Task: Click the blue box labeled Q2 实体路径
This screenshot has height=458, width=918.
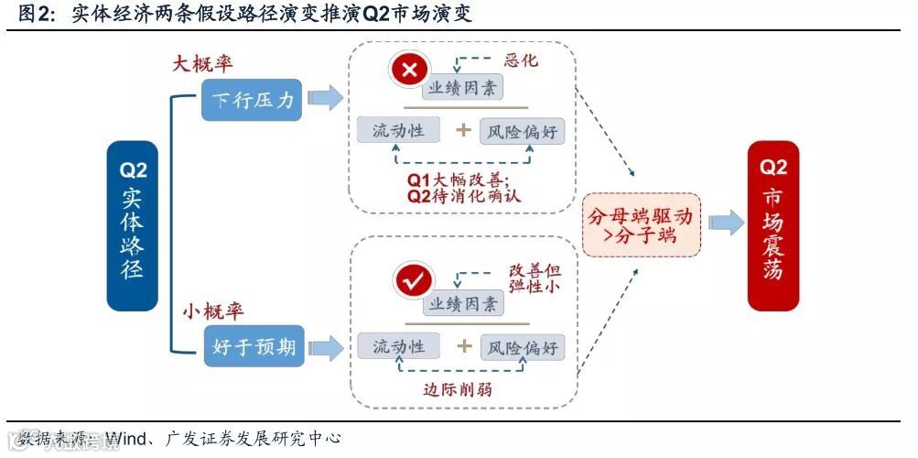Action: tap(133, 225)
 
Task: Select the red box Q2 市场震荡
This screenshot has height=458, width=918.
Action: tap(773, 225)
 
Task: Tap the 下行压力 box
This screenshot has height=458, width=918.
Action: tap(252, 100)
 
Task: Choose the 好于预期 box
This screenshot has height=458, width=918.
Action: tap(252, 347)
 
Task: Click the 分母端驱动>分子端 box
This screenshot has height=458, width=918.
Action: tap(641, 224)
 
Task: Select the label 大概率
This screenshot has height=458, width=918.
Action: tap(202, 65)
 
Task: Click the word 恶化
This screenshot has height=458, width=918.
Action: tap(521, 60)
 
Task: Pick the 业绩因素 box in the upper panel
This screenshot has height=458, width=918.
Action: tap(463, 88)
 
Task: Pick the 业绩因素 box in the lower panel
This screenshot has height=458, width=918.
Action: tap(463, 303)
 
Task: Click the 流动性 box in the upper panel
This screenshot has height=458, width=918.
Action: tap(398, 131)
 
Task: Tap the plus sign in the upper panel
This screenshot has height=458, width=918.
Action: tap(463, 131)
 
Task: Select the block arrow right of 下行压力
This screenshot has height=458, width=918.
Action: tap(325, 98)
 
